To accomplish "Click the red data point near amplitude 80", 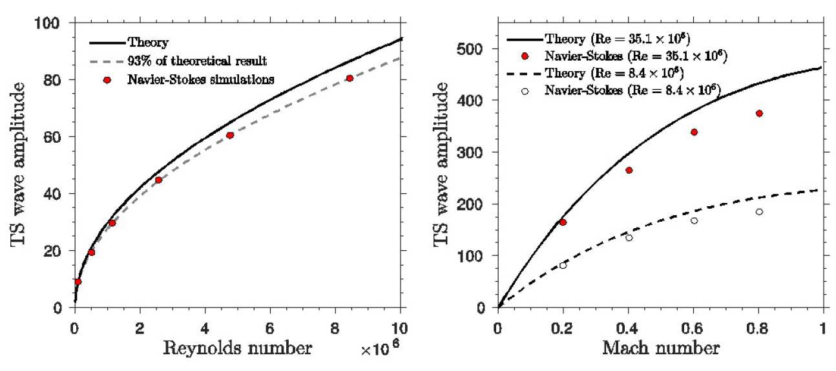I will coord(350,78).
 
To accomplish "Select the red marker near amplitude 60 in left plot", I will coord(229,135).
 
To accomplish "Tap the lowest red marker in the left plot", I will coord(78,282).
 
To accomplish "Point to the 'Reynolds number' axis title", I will coord(237,350).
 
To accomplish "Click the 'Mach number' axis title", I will coord(660,350).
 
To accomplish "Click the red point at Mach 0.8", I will coord(759,113).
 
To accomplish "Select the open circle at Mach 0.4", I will coord(629,238).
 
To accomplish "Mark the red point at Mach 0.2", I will coord(563,222).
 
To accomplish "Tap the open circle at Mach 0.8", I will coord(759,212).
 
